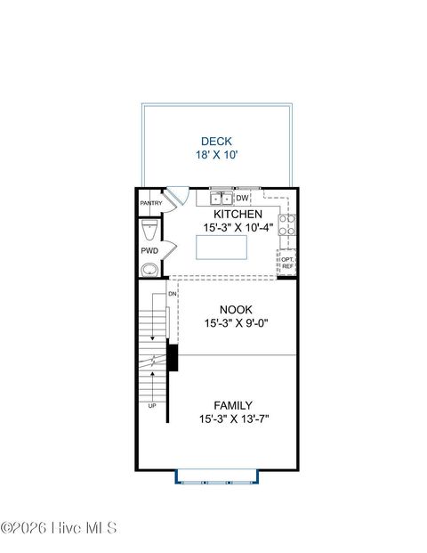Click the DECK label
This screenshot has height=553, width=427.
point(216,141)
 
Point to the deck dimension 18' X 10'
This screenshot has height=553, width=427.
point(217,154)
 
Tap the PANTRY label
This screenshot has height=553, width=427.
point(151,203)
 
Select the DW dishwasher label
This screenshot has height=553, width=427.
point(242,199)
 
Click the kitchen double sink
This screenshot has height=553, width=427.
point(222,199)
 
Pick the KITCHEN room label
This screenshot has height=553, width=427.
point(238,214)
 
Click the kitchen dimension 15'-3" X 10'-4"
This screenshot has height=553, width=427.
point(238,227)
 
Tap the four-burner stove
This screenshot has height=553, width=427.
point(287,225)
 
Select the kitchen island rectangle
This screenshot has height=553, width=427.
point(222,248)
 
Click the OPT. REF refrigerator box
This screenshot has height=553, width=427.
point(287,263)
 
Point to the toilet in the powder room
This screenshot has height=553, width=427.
point(149,229)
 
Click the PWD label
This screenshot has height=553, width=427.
point(149,251)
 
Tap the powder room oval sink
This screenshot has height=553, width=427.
point(150,271)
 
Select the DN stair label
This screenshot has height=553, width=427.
point(173,294)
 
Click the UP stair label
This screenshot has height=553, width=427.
point(152,406)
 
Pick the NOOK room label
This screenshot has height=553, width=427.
point(236,310)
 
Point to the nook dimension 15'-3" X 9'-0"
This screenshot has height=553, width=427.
point(236,323)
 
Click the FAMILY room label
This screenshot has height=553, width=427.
point(233,405)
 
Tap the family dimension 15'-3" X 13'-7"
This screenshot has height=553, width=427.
point(234,419)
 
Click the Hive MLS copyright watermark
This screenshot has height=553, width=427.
point(59,528)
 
